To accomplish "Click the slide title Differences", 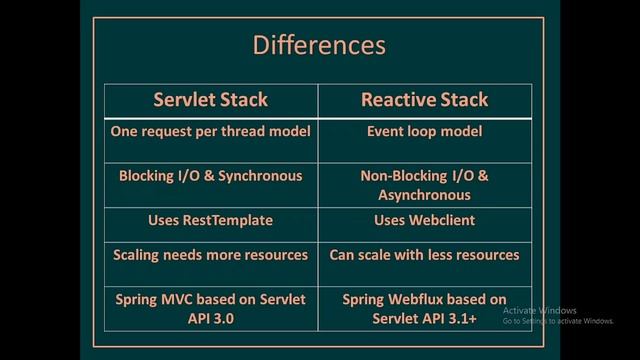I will coord(318,46).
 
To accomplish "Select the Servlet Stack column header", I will coord(210,100).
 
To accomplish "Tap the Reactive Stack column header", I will coord(424,100).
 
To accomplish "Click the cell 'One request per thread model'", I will coord(210,130).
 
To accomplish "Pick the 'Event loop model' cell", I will coord(424,130).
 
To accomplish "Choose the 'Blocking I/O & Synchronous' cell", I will coord(210,176).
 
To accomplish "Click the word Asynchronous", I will coord(424,195).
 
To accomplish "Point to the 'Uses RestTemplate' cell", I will coord(210,219).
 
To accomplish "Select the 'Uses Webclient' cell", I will coord(424,219).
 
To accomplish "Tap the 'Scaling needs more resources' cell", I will coord(210,255).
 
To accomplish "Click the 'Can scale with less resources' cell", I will coord(424,255).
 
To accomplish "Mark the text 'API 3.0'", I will coord(210,319).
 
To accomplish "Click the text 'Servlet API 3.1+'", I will coord(424,319).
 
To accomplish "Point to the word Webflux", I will coord(424,300).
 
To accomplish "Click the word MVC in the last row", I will coord(186,300).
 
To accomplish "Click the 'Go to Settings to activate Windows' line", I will coord(558,321).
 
